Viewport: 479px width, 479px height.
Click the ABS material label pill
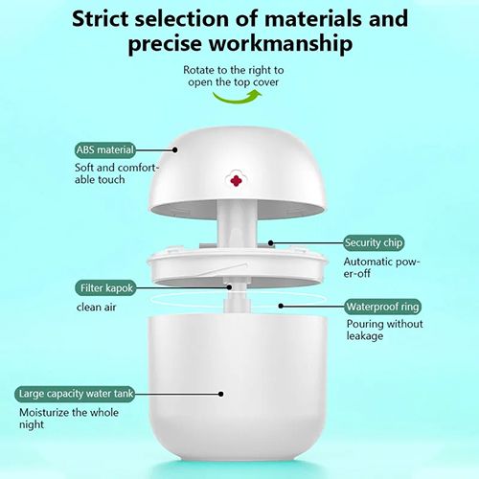click(x=105, y=149)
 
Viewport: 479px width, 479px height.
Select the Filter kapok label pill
click(x=106, y=287)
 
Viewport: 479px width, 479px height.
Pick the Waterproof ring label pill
click(x=381, y=308)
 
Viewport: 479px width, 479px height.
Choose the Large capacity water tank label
click(x=80, y=394)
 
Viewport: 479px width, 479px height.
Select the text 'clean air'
click(x=97, y=308)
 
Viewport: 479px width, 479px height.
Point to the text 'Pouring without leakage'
click(x=377, y=331)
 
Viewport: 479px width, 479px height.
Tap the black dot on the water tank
click(x=221, y=394)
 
